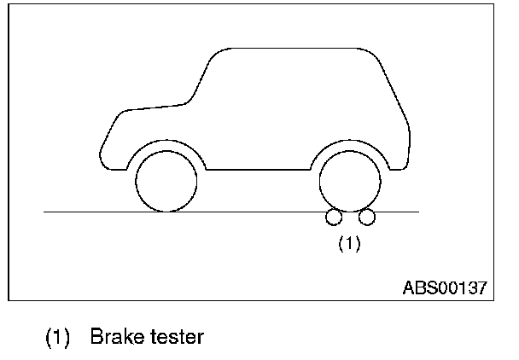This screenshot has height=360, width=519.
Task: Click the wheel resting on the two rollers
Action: pos(350,180)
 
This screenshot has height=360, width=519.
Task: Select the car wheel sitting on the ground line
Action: pos(166,180)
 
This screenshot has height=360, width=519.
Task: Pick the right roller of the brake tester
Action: pos(367,218)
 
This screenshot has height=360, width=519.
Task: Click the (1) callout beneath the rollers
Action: pos(350,244)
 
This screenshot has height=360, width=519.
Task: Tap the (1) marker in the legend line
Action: pos(58,337)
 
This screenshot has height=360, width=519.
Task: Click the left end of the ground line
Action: pos(46,211)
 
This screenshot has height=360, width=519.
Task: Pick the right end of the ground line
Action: pos(417,211)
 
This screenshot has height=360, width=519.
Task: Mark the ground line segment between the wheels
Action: pos(256,211)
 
